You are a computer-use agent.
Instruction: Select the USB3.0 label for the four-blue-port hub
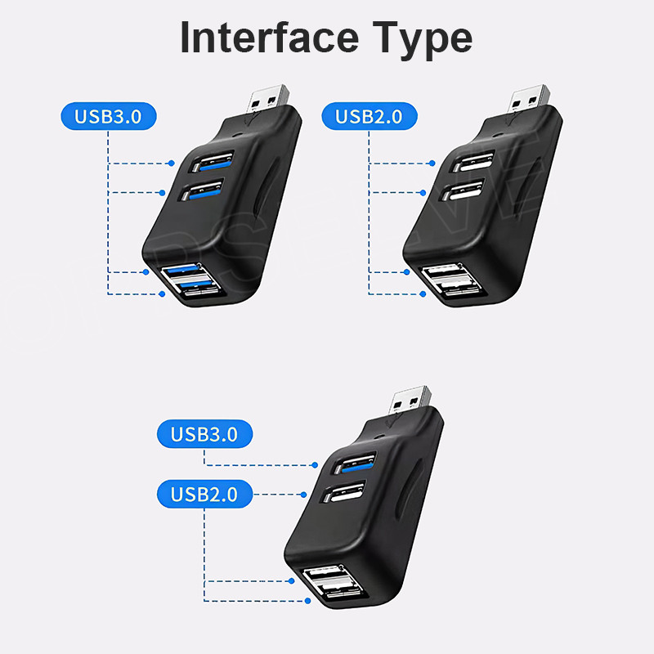[108, 116]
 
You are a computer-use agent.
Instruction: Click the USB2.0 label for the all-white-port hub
[369, 116]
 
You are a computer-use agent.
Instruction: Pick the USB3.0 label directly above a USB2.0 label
[204, 433]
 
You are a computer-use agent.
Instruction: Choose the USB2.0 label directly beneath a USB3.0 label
[204, 494]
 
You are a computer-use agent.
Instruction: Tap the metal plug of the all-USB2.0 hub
[530, 97]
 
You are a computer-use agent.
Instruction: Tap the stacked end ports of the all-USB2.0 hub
[453, 282]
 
